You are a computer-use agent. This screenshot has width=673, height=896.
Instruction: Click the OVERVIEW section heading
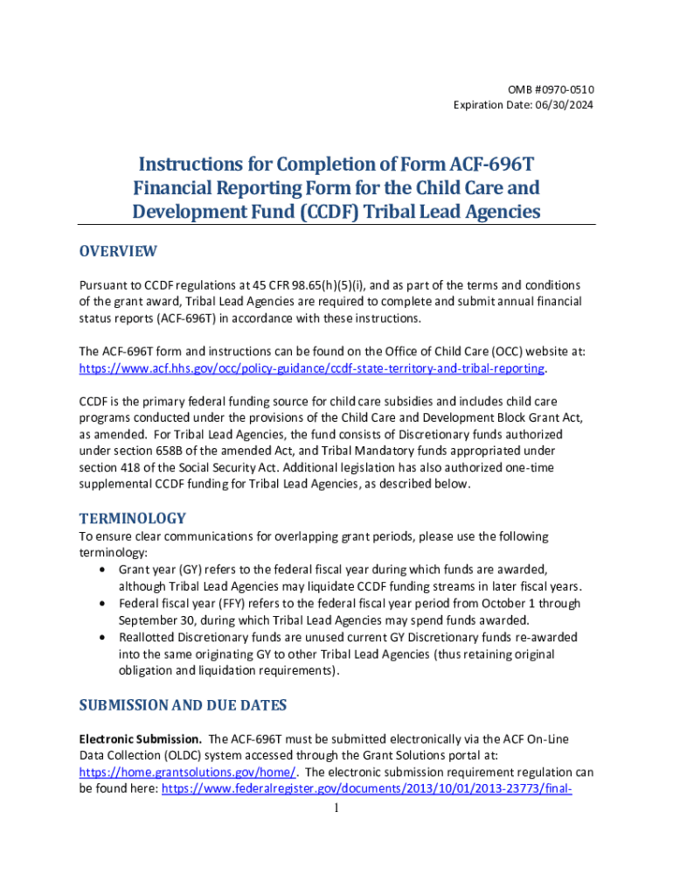click(118, 251)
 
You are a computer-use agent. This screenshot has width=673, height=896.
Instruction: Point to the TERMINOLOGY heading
click(132, 518)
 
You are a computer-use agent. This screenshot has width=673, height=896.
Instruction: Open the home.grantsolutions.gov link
click(188, 772)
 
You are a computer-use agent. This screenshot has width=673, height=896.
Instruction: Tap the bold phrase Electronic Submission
click(141, 739)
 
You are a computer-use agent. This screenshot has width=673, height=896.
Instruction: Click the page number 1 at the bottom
click(336, 808)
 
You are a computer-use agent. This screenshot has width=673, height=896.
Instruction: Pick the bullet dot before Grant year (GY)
click(105, 569)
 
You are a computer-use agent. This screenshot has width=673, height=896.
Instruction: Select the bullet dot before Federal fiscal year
click(105, 604)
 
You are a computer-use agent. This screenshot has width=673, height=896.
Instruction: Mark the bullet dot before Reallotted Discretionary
click(105, 638)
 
